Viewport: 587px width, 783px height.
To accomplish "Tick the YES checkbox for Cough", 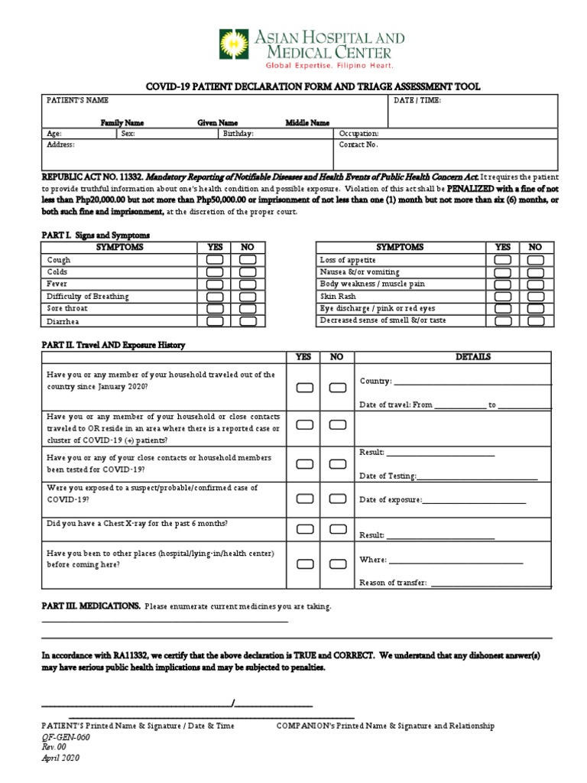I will [x=215, y=260].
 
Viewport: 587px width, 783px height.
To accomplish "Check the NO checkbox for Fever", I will [x=248, y=284].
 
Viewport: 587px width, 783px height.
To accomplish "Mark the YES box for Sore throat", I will [x=215, y=309].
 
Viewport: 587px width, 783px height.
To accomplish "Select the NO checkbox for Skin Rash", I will [x=535, y=297].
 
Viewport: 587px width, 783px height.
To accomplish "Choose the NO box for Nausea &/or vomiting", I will [x=535, y=272].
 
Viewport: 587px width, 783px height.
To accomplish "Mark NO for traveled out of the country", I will [x=337, y=388].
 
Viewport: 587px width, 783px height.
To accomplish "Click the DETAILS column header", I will [x=473, y=357].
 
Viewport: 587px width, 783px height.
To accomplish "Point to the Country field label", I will [x=375, y=381].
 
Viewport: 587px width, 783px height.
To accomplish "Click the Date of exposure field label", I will [x=390, y=500].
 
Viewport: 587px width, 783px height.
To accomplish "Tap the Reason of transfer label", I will [x=393, y=583].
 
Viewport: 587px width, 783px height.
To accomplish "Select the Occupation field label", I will [x=358, y=132].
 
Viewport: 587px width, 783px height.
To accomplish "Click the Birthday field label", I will [x=238, y=132].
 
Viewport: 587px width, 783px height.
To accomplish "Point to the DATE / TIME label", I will [x=417, y=100].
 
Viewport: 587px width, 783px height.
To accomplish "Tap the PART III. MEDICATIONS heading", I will [x=90, y=606].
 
